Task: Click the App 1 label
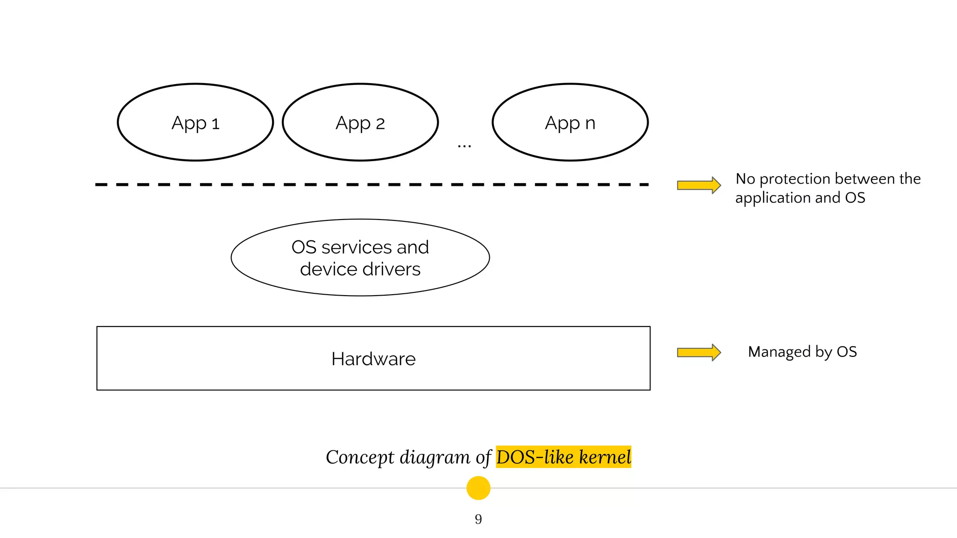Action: coord(195,123)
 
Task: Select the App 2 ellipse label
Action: coord(360,123)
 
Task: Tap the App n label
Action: coord(570,123)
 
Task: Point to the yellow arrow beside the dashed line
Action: coord(699,185)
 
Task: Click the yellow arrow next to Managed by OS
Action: coord(699,352)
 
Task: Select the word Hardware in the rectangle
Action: coord(373,359)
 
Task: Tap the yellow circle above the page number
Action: coord(478,488)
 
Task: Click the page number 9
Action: coord(478,519)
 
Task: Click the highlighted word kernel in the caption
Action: coord(605,457)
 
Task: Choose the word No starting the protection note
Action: coord(745,179)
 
